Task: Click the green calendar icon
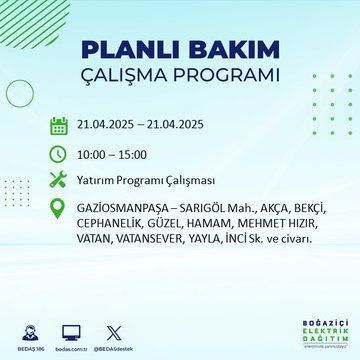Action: click(57, 125)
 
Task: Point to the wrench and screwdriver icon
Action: click(57, 181)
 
